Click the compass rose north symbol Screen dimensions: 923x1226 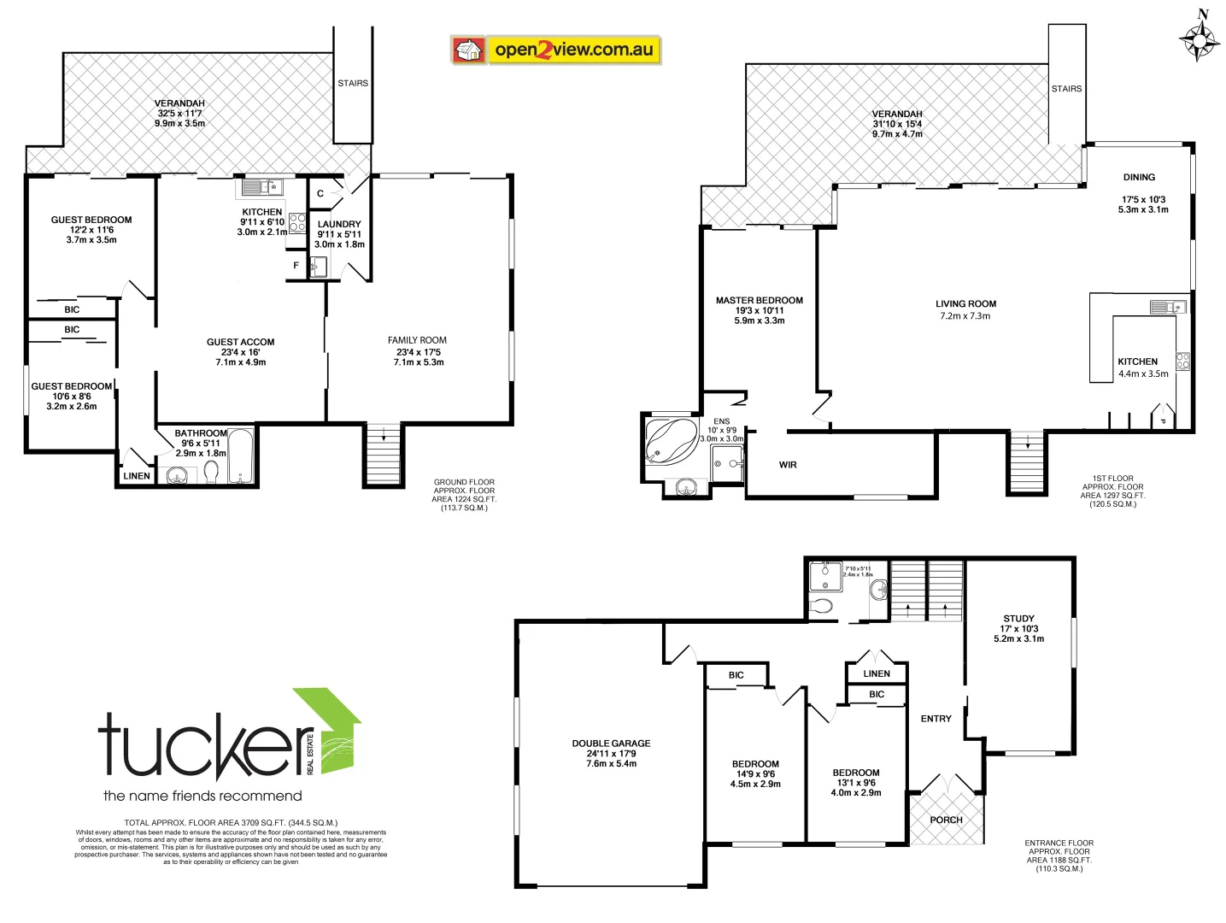click(1199, 38)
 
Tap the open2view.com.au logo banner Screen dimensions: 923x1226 click(556, 50)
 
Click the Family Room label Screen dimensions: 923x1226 click(417, 340)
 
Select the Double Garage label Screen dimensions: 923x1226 click(611, 744)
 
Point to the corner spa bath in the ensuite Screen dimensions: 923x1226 click(669, 440)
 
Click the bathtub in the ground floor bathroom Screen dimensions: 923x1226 click(241, 456)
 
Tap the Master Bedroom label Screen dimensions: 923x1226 click(759, 301)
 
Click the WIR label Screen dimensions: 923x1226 click(788, 465)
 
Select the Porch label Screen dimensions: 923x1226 click(946, 820)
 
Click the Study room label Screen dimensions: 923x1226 click(1018, 619)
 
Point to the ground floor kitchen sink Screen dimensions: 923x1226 click(261, 187)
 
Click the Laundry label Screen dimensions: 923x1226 click(339, 225)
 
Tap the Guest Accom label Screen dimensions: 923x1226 click(240, 342)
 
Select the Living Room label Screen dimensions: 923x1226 click(965, 304)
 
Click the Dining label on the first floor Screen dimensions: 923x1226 click(1139, 178)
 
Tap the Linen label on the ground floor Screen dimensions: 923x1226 click(137, 476)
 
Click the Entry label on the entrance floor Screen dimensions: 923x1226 click(936, 719)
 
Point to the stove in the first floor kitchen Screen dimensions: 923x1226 click(1182, 362)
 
